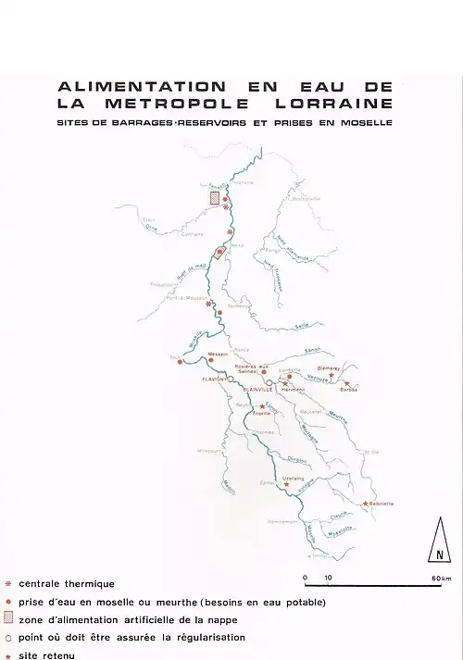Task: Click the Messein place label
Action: [x=219, y=355]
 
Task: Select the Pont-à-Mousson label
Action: [x=181, y=298]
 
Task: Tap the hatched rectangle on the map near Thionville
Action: [x=215, y=197]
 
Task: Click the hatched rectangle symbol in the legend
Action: [x=8, y=618]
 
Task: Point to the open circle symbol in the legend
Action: [x=8, y=637]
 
